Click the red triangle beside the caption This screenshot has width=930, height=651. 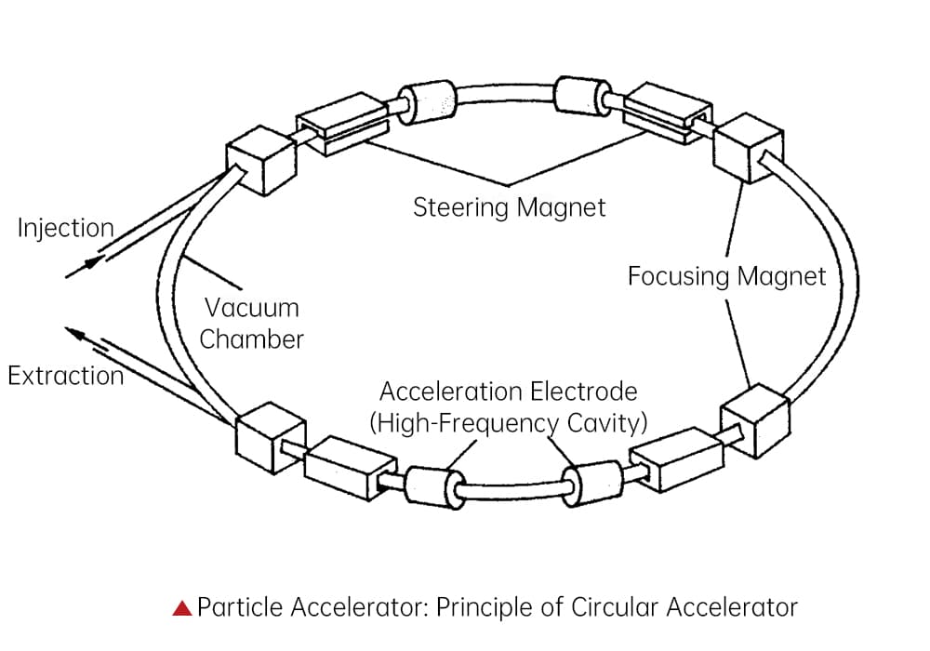pos(182,607)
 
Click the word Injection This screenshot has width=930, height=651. pos(65,228)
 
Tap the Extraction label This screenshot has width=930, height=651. pos(65,376)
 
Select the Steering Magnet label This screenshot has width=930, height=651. pos(510,207)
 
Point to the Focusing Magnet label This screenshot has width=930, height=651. pos(726,276)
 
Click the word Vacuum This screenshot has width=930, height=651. pos(251,308)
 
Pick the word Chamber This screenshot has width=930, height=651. pos(251,339)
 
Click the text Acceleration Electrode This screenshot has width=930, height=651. pos(509,392)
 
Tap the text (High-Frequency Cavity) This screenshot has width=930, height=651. pos(509,423)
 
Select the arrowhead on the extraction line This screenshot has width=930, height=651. pos(76,333)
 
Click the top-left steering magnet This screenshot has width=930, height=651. pos(343,124)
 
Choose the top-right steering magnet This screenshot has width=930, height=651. pos(668,113)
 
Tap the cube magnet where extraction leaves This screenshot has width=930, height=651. pos(271,438)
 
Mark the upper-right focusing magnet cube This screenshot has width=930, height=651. pos(748,148)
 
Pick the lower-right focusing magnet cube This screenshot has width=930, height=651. pos(755,421)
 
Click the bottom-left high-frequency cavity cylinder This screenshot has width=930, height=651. pos(434,487)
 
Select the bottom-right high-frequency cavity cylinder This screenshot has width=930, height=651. pos(592,484)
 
